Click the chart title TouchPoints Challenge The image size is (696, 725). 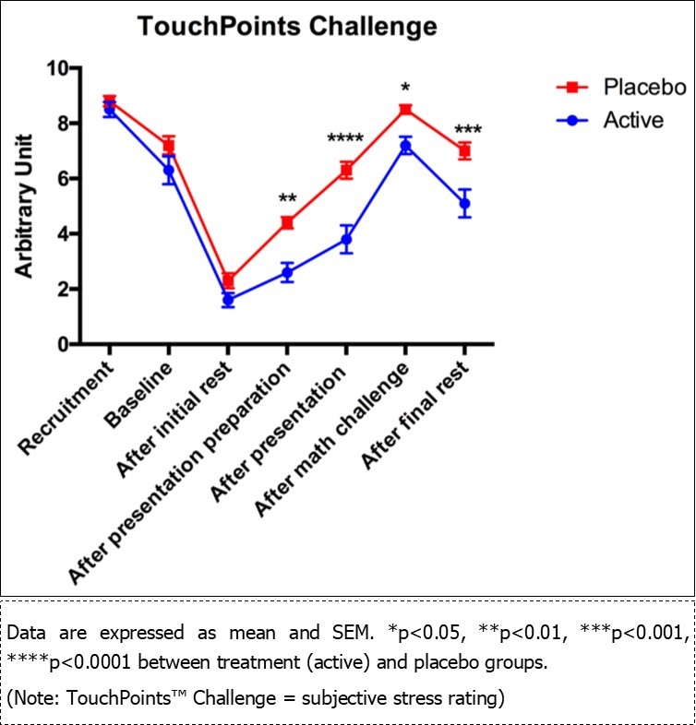[287, 26]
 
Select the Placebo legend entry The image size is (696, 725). [644, 88]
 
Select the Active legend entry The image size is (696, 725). [632, 120]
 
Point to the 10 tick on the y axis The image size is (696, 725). [58, 68]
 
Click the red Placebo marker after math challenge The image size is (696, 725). [404, 110]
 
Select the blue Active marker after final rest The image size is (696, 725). [464, 203]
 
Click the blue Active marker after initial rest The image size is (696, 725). [228, 300]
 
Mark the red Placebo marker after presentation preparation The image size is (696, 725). [287, 222]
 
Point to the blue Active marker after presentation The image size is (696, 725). [345, 239]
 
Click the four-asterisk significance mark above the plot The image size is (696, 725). [345, 140]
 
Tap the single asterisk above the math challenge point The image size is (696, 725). [404, 89]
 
